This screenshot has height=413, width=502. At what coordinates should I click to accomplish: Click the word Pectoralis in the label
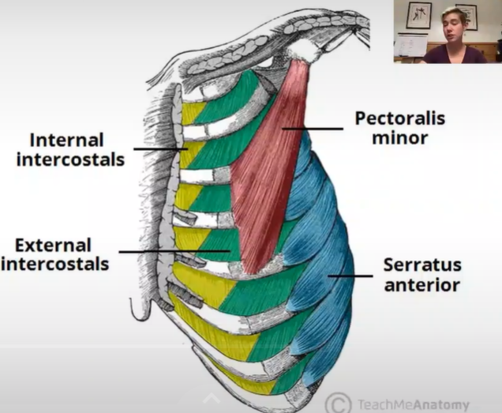click(x=399, y=119)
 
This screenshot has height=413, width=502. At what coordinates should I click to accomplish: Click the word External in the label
click(x=52, y=246)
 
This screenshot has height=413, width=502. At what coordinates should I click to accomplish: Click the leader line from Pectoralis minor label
click(x=313, y=129)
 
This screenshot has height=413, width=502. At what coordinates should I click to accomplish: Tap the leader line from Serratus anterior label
click(x=350, y=276)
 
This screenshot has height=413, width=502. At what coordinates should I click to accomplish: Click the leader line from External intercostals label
click(x=174, y=253)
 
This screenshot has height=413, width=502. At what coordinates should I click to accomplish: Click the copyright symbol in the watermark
click(x=339, y=402)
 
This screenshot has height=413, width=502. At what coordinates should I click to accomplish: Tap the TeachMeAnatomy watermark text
click(x=414, y=404)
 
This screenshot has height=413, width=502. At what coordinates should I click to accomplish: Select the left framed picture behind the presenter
click(x=418, y=15)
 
